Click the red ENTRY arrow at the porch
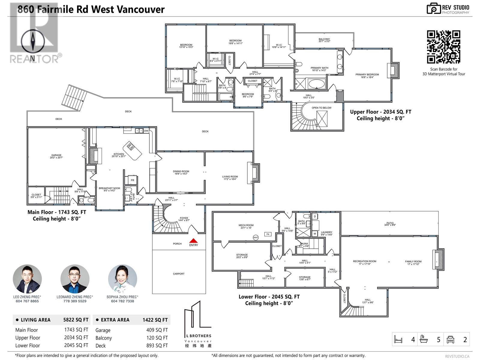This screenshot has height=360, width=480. tap(193, 241)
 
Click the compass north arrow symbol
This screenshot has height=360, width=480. tap(33, 42)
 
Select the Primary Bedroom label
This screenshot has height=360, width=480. tap(367, 76)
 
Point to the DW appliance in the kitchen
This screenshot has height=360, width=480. tap(146, 131)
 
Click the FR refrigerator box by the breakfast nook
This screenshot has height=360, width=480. tap(132, 180)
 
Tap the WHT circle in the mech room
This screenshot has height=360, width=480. tap(256, 238)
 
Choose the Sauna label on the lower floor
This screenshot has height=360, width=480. tap(304, 245)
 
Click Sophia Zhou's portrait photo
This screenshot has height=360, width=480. tap(122, 279)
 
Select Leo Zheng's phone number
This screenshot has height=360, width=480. tap(27, 301)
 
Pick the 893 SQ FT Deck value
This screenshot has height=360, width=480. tap(157, 346)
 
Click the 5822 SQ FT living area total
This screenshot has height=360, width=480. tap(76, 320)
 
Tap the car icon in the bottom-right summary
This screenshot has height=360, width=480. tap(450, 340)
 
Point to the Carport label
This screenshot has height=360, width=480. tap(178, 274)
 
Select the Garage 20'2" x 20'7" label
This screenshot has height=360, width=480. tap(56, 156)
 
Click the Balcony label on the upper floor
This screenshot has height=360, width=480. tap(324, 40)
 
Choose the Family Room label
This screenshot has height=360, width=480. tap(413, 262)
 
